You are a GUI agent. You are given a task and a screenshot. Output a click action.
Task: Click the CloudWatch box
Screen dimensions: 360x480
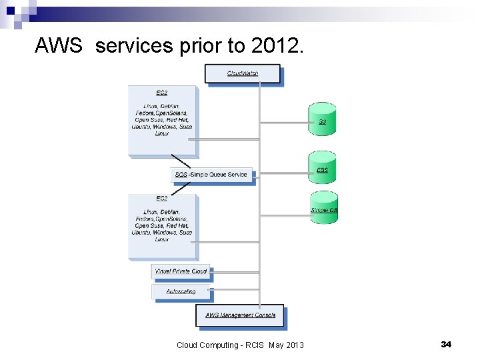point(243,73)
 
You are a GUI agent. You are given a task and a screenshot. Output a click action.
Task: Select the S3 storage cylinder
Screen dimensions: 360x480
point(322,119)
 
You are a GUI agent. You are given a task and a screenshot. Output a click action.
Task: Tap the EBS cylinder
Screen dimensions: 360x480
point(322,169)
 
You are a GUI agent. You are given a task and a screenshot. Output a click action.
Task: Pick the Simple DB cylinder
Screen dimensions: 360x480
point(323,208)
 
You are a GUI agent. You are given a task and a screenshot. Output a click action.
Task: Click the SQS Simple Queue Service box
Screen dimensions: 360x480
point(213,175)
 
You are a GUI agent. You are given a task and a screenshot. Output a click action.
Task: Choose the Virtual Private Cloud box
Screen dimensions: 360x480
point(181,271)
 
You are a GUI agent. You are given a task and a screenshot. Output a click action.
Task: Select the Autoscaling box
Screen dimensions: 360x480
point(181,291)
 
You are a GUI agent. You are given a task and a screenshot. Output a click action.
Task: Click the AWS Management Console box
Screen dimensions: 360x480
point(239,315)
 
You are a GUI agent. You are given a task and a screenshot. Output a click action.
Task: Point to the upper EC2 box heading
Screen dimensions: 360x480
point(162,92)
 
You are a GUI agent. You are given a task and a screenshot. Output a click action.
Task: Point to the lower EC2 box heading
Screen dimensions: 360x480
point(162,199)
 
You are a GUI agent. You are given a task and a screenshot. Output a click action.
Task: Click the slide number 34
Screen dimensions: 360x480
point(446,344)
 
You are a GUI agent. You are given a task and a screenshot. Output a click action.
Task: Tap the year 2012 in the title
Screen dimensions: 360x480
point(275,46)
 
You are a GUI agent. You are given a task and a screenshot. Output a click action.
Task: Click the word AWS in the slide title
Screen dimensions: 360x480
point(59,46)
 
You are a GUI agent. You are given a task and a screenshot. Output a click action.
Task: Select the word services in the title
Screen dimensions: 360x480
point(133,46)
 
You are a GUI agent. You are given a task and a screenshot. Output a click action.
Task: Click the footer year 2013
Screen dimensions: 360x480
point(295,345)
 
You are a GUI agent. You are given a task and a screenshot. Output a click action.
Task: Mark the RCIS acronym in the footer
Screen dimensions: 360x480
point(256,345)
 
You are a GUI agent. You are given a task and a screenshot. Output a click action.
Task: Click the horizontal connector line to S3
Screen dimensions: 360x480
point(283,123)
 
